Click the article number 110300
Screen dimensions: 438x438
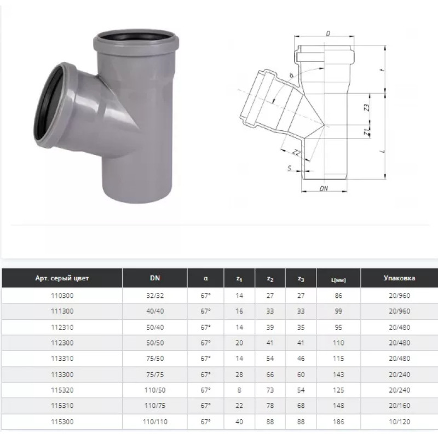pyautogui.click(x=62, y=296)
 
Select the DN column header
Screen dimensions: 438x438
pyautogui.click(x=155, y=278)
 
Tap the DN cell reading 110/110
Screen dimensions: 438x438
pyautogui.click(x=155, y=422)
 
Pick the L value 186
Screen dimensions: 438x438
pyautogui.click(x=338, y=422)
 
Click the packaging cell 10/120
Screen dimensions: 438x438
pyautogui.click(x=399, y=422)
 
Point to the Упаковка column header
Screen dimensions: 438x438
pyautogui.click(x=399, y=278)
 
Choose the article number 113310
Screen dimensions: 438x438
pyautogui.click(x=62, y=359)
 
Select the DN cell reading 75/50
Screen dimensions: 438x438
pyautogui.click(x=155, y=359)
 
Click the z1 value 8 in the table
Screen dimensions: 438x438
pyautogui.click(x=239, y=390)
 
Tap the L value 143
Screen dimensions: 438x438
pyautogui.click(x=338, y=374)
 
